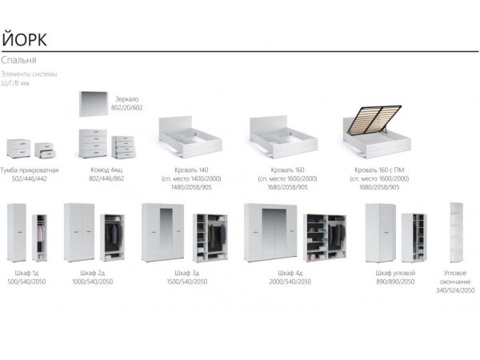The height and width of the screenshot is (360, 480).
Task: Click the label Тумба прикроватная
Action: point(30,170)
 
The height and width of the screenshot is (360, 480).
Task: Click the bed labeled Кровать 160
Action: point(283,135)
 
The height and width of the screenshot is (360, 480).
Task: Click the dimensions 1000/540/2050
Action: point(93,282)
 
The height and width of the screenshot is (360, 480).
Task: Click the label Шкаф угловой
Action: point(394,274)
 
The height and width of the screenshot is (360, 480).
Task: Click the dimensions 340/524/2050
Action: point(455,291)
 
